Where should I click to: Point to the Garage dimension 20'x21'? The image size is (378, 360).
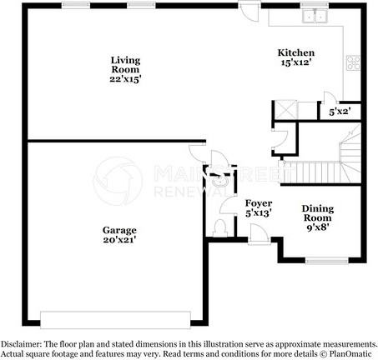(120, 239)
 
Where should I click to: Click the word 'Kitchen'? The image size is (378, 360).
(295, 53)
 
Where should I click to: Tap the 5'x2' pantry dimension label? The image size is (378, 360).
(339, 111)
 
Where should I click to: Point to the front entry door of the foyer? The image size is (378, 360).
(259, 237)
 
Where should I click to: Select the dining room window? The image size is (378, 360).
(325, 259)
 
